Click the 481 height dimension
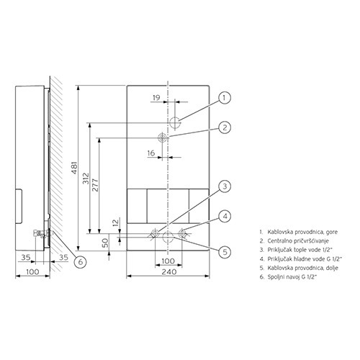pyautogui.click(x=75, y=168)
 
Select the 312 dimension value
pyautogui.click(x=86, y=178)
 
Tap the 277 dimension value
pyautogui.click(x=96, y=185)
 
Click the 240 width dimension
pyautogui.click(x=169, y=272)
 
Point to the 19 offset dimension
pyautogui.click(x=156, y=98)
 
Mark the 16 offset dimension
pyautogui.click(x=151, y=153)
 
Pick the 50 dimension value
pyautogui.click(x=105, y=243)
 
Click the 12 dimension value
pyautogui.click(x=116, y=222)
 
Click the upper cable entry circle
pyautogui.click(x=175, y=123)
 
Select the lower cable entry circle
pyautogui.click(x=168, y=238)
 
